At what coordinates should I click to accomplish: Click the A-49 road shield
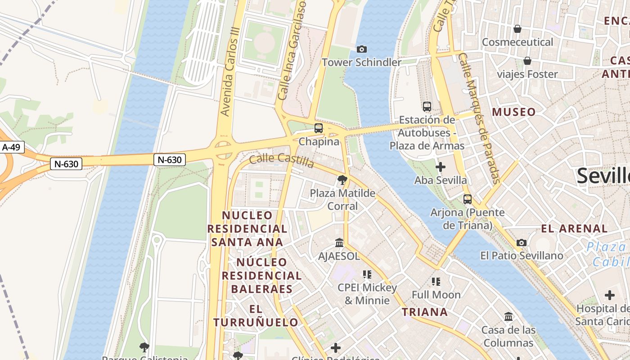(12, 147)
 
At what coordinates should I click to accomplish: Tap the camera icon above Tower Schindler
(361, 49)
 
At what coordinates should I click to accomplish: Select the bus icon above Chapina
(319, 128)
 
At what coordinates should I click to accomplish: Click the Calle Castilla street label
(281, 160)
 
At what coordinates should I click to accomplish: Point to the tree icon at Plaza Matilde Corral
(342, 180)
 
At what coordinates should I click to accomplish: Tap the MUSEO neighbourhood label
(514, 112)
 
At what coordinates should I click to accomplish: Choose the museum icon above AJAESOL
(339, 243)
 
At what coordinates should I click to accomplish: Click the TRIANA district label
(424, 312)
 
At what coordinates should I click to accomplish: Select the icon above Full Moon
(436, 282)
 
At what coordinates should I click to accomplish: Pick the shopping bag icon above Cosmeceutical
(517, 29)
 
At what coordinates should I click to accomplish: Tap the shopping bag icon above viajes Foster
(527, 61)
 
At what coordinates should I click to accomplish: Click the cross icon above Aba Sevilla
(441, 167)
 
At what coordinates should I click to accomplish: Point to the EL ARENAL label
(574, 229)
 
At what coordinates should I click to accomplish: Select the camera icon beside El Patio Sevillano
(522, 243)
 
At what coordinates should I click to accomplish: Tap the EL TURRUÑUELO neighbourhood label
(256, 316)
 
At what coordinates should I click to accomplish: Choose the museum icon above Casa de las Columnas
(508, 317)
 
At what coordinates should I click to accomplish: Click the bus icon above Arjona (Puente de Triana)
(468, 199)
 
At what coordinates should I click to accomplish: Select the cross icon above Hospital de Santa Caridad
(610, 296)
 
